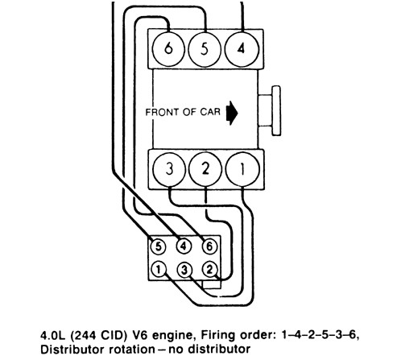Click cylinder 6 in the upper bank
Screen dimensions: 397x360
(168, 49)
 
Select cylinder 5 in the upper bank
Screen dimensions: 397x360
(205, 49)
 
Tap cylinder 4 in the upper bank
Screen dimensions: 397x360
(242, 49)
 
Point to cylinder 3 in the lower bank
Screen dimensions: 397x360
(169, 169)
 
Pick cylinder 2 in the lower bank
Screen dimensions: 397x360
(205, 169)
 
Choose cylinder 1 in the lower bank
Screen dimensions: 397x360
(242, 169)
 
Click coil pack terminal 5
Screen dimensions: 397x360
(159, 246)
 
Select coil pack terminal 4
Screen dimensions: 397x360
(184, 246)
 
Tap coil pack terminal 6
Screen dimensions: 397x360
(209, 246)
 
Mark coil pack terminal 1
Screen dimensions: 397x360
(159, 269)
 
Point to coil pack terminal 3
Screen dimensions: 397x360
(184, 270)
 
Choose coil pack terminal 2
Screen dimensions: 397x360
(209, 269)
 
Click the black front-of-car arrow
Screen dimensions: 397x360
(232, 113)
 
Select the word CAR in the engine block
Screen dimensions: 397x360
(210, 112)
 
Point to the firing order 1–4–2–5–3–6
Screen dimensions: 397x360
(319, 335)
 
